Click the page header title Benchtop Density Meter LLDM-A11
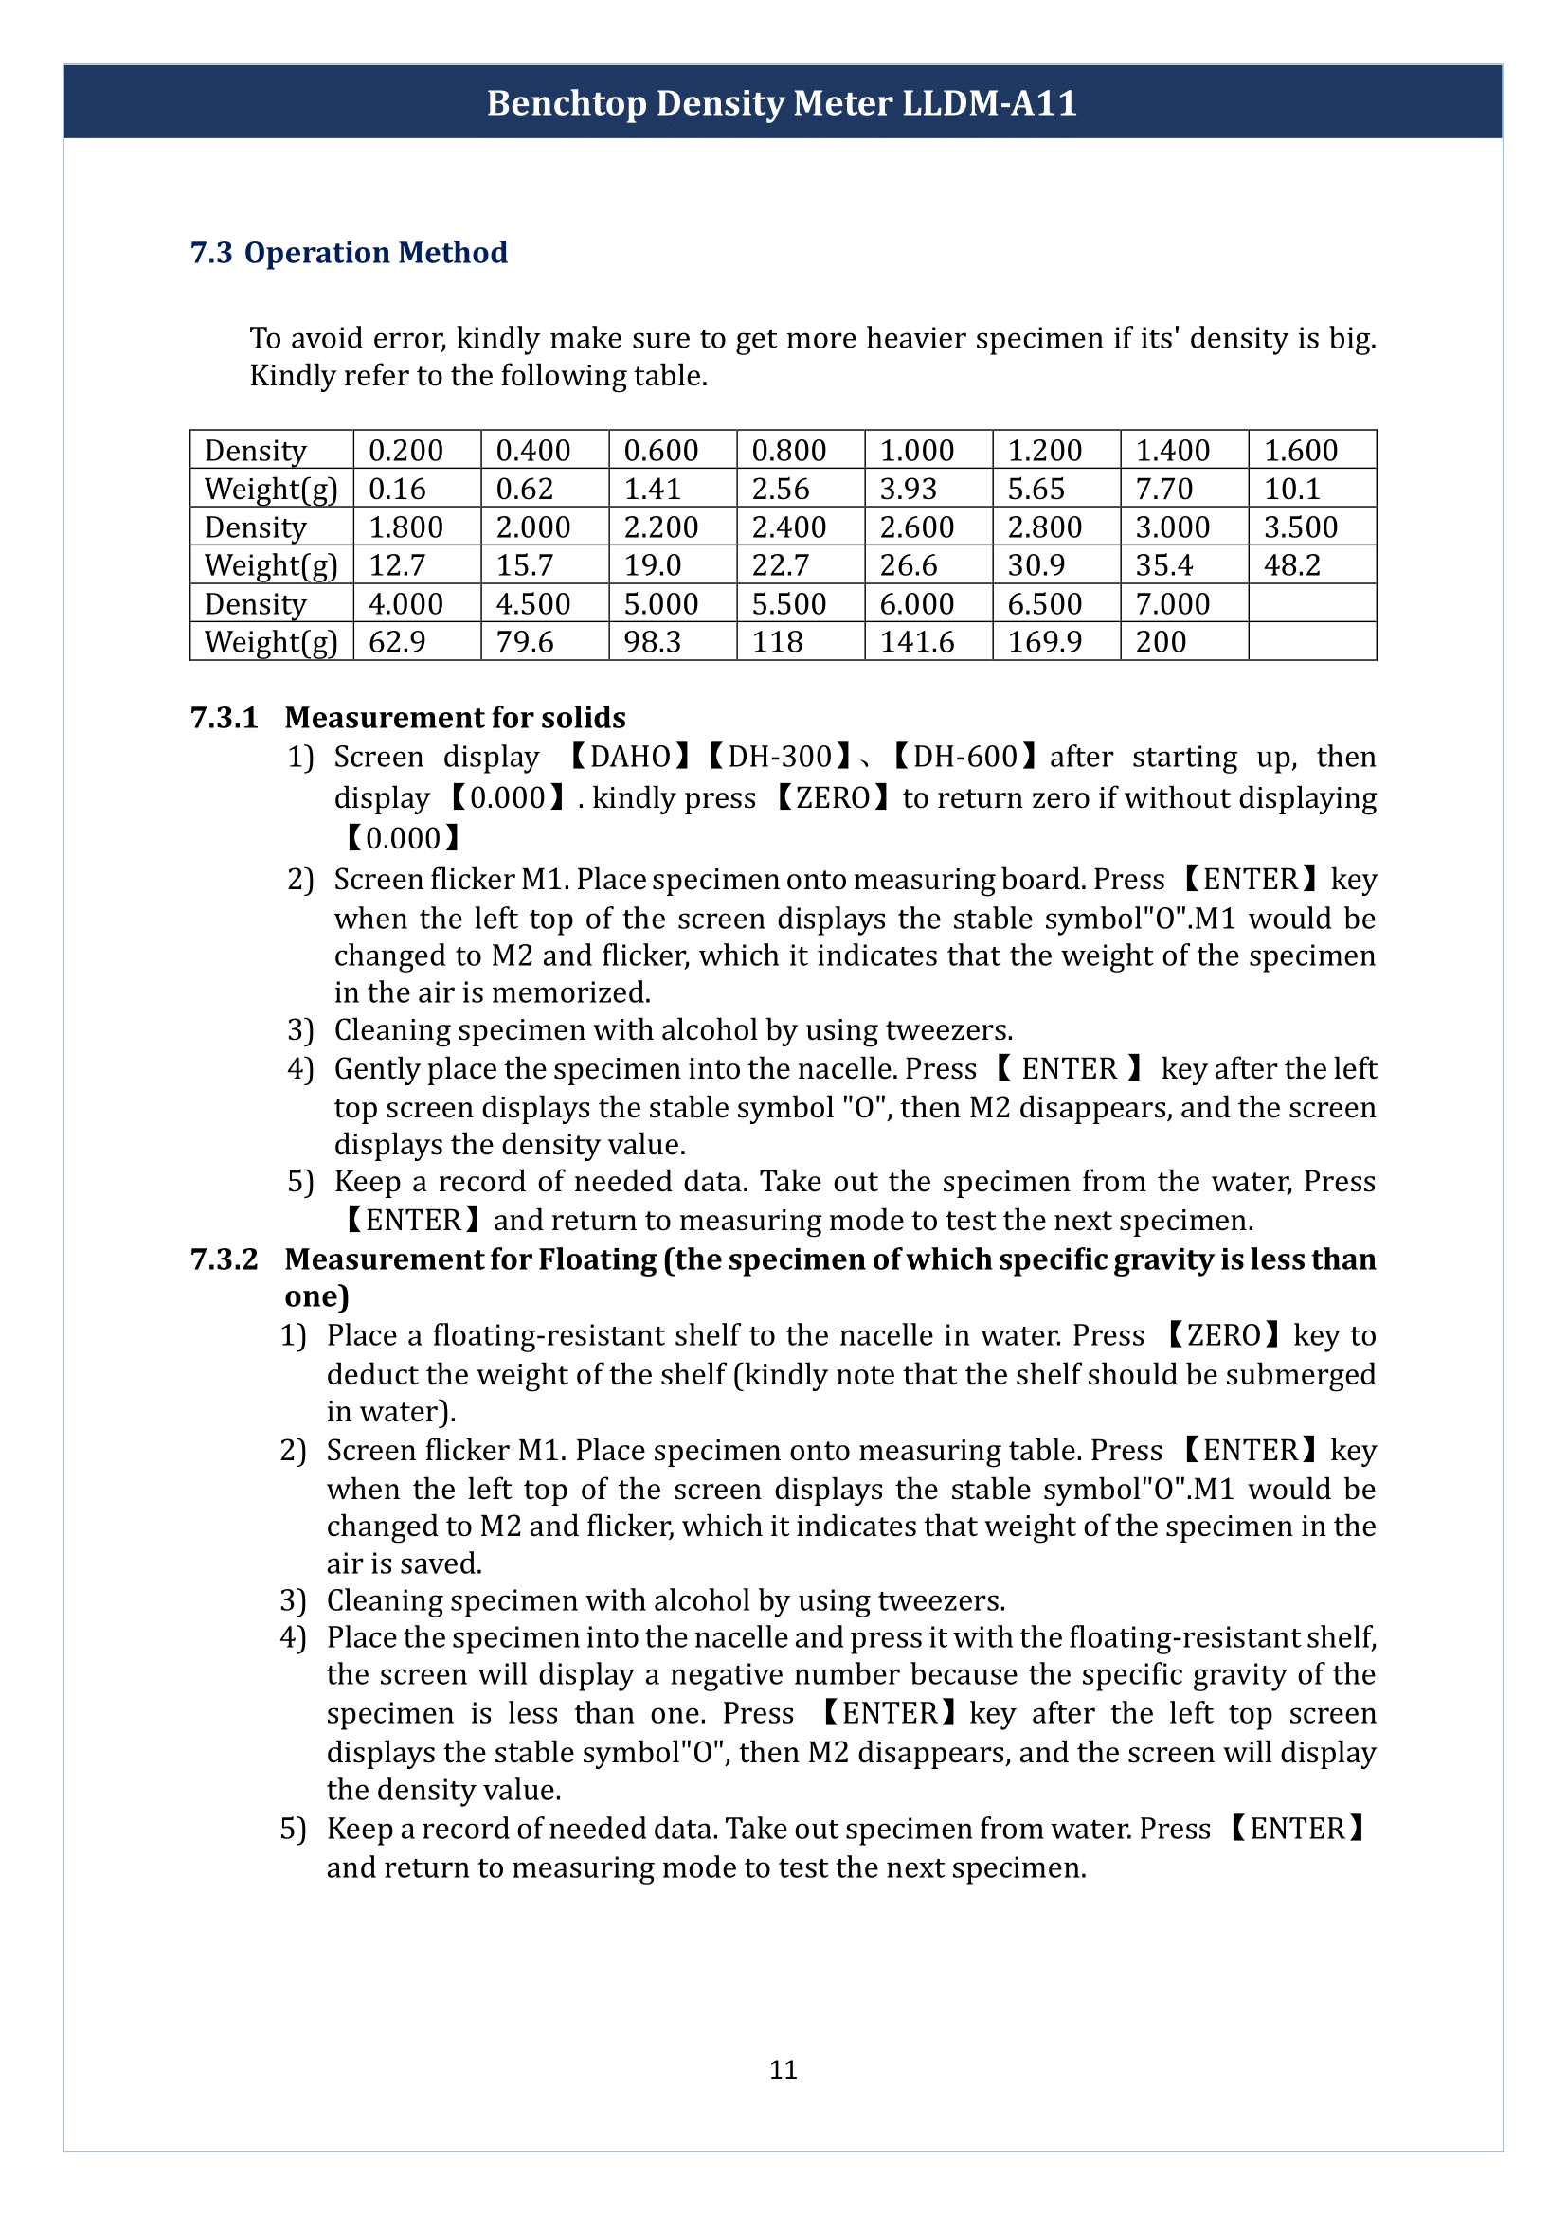782,103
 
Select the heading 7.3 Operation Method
349,253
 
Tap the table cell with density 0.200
406,451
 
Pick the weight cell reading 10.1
1291,489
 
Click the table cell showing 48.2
1291,565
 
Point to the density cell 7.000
1171,604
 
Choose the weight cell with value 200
1160,641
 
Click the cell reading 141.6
916,641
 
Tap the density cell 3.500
1300,527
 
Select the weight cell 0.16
397,489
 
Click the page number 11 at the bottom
783,2069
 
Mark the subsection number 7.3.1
224,718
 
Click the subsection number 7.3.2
224,1259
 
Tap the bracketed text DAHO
630,757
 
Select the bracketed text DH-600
964,757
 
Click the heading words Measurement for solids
455,718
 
